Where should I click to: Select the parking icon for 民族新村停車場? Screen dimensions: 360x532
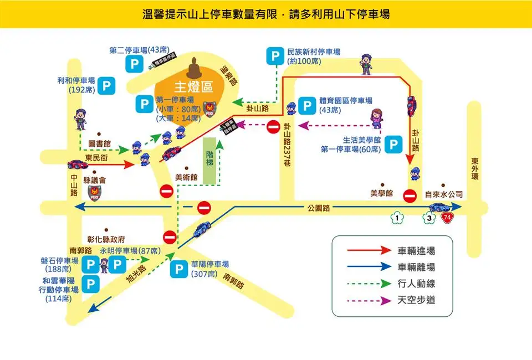pyautogui.click(x=274, y=56)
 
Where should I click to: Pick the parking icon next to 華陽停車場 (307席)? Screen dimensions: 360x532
pyautogui.click(x=178, y=269)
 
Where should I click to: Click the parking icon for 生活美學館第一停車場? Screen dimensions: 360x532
pyautogui.click(x=393, y=145)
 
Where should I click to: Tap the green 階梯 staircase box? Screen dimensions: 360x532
pyautogui.click(x=209, y=160)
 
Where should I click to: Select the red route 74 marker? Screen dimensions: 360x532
pyautogui.click(x=447, y=218)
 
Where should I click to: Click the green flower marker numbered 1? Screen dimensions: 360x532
pyautogui.click(x=397, y=218)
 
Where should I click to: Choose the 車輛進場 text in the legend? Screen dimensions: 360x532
pyautogui.click(x=416, y=250)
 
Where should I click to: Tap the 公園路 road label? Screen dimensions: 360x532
pyautogui.click(x=319, y=208)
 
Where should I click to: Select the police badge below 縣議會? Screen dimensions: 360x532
pyautogui.click(x=94, y=193)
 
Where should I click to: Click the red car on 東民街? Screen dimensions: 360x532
pyautogui.click(x=76, y=164)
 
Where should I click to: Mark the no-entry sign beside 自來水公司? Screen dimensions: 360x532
pyautogui.click(x=410, y=196)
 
